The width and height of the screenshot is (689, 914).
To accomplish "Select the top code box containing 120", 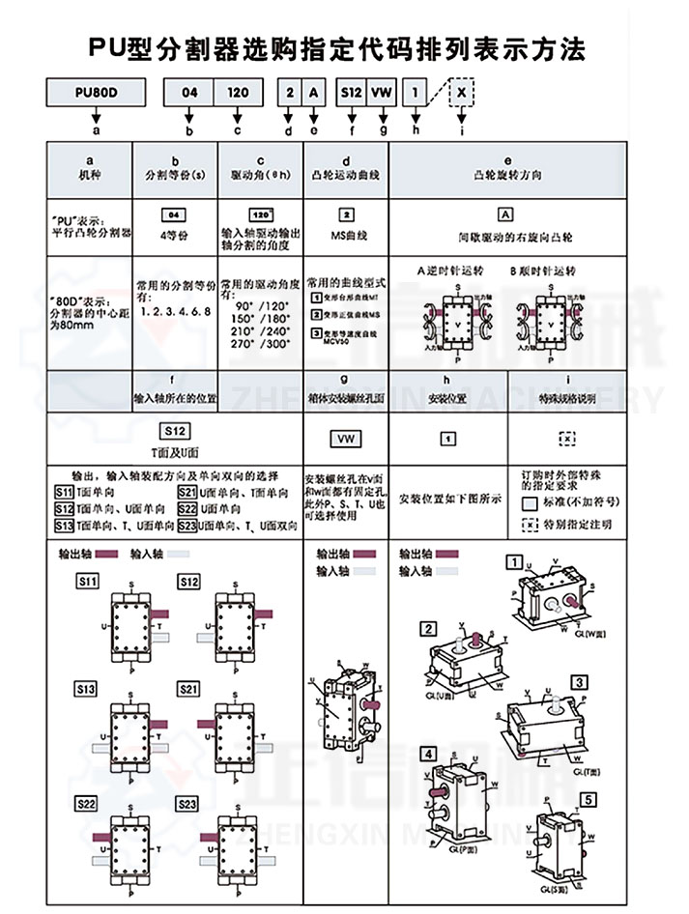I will pos(237,93).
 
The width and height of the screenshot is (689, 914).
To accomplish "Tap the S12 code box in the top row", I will pos(350,93).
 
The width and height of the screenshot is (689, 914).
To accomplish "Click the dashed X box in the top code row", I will pos(465,93).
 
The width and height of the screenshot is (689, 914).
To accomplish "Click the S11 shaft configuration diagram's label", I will pos(87,582).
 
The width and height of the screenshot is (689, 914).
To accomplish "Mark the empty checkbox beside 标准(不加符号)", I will pos(529,504).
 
